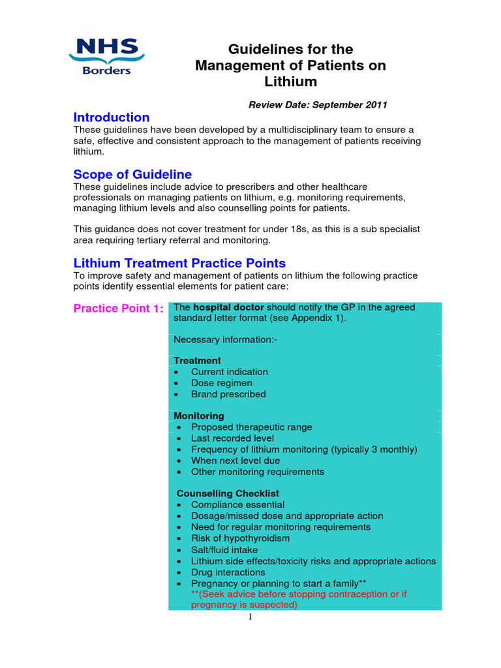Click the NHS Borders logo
pyautogui.click(x=106, y=57)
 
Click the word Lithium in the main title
pyautogui.click(x=290, y=82)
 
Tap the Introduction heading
pyautogui.click(x=112, y=117)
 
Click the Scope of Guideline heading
pyautogui.click(x=132, y=174)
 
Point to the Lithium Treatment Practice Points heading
pyautogui.click(x=179, y=264)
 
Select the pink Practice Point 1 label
pyautogui.click(x=118, y=308)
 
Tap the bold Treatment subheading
pyautogui.click(x=197, y=361)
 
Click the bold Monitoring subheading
pyautogui.click(x=199, y=416)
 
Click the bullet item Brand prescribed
pyautogui.click(x=228, y=394)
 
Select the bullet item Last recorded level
pyautogui.click(x=232, y=438)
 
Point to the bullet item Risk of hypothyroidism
pyautogui.click(x=240, y=538)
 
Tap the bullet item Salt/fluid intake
pyautogui.click(x=224, y=550)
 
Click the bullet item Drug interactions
pyautogui.click(x=228, y=572)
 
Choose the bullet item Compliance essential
pyautogui.click(x=237, y=504)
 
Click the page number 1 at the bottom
pyautogui.click(x=250, y=618)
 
